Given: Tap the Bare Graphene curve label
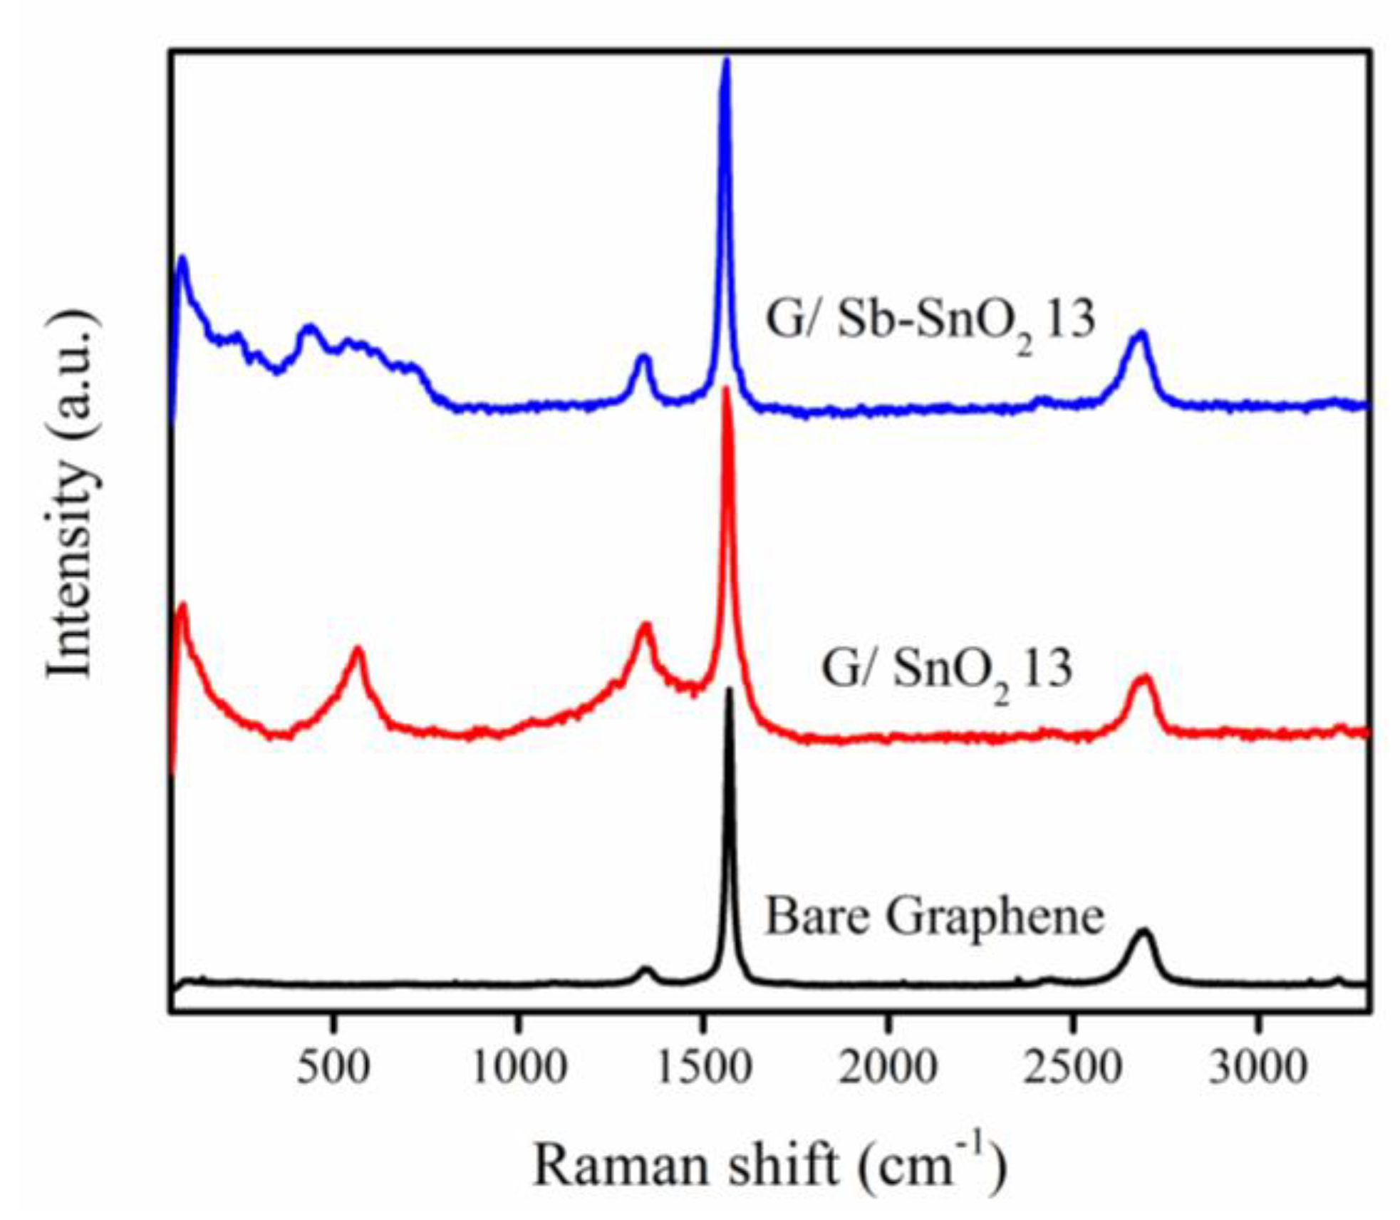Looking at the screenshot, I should [x=934, y=917].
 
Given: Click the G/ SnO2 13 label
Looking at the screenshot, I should [x=947, y=671].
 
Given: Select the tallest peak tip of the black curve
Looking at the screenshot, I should [x=729, y=691].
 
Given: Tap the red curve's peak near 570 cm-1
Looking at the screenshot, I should [x=358, y=649].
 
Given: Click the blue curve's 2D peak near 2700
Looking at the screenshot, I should [x=1141, y=334].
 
